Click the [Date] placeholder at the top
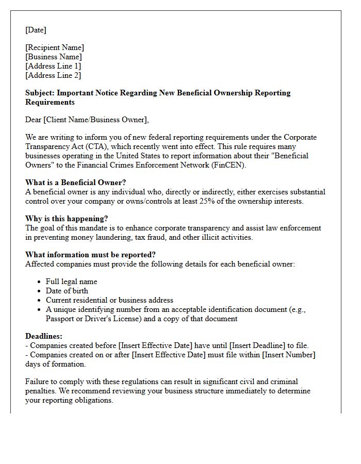[36, 30]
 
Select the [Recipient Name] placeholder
[55, 48]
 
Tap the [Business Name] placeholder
[54, 57]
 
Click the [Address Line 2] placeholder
[53, 76]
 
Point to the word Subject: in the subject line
[40, 93]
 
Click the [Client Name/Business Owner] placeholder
[95, 120]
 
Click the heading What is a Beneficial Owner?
[76, 183]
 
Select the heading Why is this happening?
[67, 219]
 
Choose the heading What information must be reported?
[90, 255]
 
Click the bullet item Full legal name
[71, 282]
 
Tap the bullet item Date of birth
[67, 291]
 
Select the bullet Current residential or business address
[109, 301]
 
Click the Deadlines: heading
[44, 337]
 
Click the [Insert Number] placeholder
[288, 355]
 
